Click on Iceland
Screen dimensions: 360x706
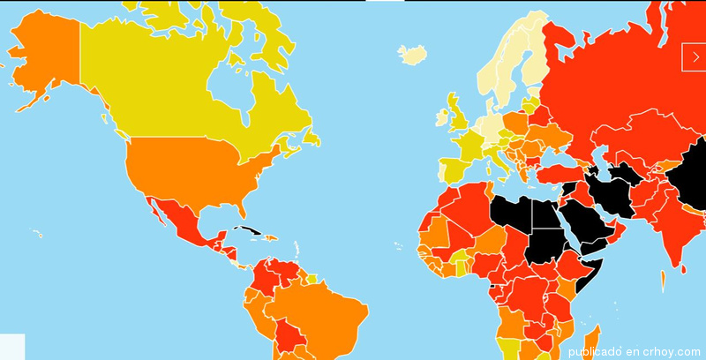(x=411, y=55)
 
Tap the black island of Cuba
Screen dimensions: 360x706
(x=248, y=231)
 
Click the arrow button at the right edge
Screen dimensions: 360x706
(x=695, y=56)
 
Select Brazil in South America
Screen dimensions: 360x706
(x=327, y=309)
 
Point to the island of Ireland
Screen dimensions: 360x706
(x=440, y=116)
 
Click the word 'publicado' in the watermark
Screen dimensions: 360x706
(x=594, y=351)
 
